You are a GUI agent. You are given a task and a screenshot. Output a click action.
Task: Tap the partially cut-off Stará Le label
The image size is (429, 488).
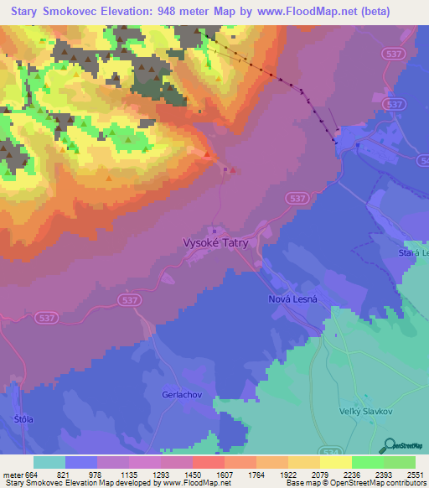point(413,252)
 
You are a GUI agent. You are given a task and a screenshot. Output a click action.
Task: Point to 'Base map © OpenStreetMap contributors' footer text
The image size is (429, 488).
point(356,483)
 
